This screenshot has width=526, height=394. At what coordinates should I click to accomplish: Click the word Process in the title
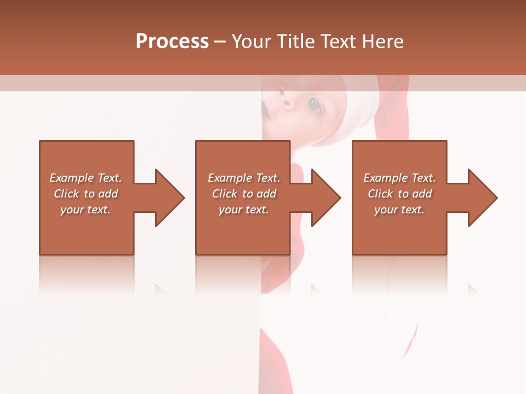tap(172, 42)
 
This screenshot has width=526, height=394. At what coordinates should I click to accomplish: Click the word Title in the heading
tap(296, 42)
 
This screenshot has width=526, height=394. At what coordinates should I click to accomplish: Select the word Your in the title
tap(252, 42)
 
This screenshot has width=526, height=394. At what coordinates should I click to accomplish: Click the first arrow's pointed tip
tap(184, 198)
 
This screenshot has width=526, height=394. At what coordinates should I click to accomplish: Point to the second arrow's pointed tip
tap(340, 198)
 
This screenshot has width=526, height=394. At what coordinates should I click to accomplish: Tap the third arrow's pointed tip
tap(496, 198)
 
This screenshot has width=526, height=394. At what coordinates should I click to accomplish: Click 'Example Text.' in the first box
tap(85, 178)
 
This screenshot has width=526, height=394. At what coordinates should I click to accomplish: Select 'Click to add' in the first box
tap(85, 194)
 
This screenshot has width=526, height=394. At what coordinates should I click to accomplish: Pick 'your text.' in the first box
tap(85, 210)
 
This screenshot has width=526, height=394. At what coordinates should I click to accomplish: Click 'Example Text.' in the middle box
tap(244, 178)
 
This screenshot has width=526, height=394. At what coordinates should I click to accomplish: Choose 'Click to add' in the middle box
tap(244, 194)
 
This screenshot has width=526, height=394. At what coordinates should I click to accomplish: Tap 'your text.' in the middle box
tap(244, 210)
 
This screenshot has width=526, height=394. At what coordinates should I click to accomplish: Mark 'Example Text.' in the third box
tap(399, 178)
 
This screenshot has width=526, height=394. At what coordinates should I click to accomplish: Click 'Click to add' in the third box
tap(399, 194)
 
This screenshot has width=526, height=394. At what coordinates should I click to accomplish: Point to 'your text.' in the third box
tap(399, 210)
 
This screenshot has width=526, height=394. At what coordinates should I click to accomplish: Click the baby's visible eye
tap(315, 105)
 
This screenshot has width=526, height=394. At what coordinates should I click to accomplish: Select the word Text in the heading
tap(336, 42)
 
